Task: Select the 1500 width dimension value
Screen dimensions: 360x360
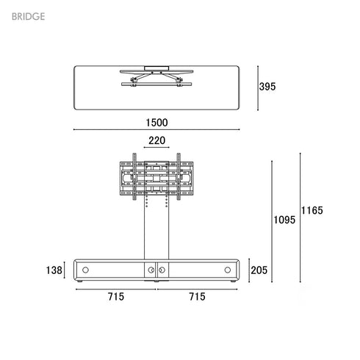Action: pos(156,122)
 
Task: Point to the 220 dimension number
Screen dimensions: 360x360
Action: pos(156,141)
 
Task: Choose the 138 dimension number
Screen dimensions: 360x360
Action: pos(53,270)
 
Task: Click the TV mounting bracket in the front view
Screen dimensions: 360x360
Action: pos(156,177)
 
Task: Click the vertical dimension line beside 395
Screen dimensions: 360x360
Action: pos(257,86)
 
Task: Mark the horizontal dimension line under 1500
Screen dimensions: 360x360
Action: pos(156,130)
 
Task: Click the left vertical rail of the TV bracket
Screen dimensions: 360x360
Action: pos(134,176)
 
